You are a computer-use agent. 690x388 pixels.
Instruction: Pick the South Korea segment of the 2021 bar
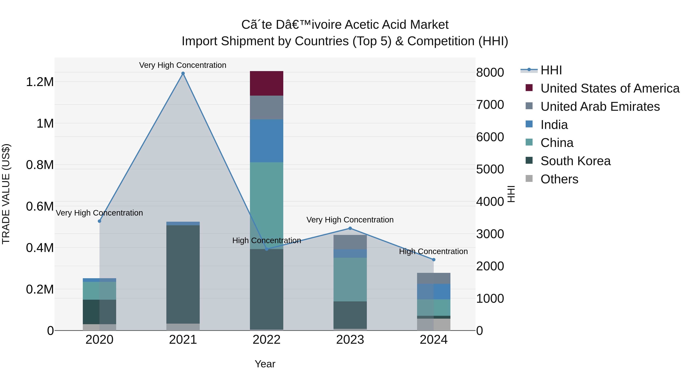point(183,274)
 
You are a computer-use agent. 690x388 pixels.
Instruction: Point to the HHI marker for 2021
point(183,73)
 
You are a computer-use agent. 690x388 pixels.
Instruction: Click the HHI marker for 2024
point(434,259)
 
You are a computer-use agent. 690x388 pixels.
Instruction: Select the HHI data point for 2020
point(99,221)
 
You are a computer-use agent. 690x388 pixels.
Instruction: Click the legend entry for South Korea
point(575,161)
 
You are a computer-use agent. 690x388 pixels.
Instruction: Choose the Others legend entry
point(559,179)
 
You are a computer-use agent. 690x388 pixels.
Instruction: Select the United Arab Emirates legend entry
point(600,107)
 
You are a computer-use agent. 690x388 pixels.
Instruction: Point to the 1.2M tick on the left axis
point(40,82)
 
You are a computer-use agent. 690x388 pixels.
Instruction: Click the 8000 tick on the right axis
point(490,73)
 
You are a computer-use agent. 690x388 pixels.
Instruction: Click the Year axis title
point(265,364)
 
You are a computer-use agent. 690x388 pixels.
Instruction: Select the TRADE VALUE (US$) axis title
point(6,194)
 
